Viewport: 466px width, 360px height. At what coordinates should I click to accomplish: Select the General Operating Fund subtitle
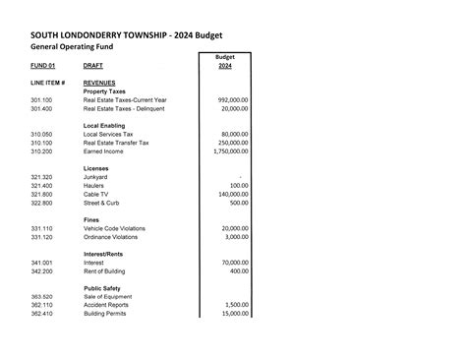[x=73, y=45]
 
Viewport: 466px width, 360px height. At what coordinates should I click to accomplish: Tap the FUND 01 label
[x=42, y=65]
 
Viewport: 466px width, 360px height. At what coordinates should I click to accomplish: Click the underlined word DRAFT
[x=94, y=65]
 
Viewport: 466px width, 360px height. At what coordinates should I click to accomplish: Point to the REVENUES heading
[x=100, y=83]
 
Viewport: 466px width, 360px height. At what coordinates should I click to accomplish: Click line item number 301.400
[x=41, y=108]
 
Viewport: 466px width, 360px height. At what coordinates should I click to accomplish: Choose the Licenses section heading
[x=96, y=168]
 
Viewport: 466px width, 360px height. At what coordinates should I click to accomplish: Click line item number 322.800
[x=41, y=203]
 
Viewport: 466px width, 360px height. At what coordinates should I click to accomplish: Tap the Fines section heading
[x=92, y=219]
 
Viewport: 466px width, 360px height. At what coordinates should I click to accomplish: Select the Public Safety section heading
[x=103, y=288]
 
